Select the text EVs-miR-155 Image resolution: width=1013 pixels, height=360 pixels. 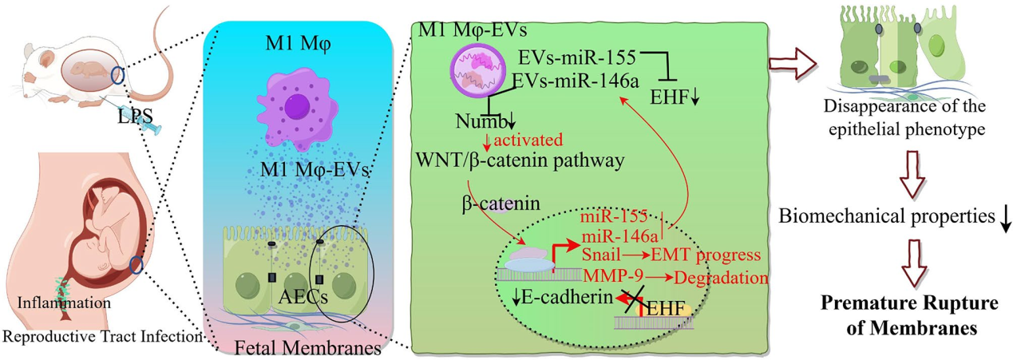point(576,57)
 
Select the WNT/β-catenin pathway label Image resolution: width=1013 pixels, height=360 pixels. point(518,159)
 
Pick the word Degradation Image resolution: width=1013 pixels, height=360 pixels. point(721,277)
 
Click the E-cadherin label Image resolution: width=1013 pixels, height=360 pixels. point(559,299)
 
